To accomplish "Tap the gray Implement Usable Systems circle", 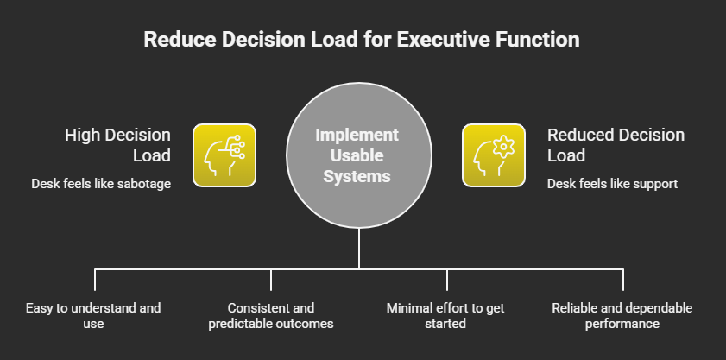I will pyautogui.click(x=357, y=155).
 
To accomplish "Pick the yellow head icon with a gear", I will pyautogui.click(x=494, y=155).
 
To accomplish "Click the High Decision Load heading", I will pyautogui.click(x=118, y=145).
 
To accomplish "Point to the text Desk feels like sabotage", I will pyautogui.click(x=101, y=183).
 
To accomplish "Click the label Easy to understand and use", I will pyautogui.click(x=95, y=315).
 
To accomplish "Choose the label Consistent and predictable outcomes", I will pyautogui.click(x=271, y=315).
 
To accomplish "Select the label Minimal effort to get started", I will pyautogui.click(x=447, y=315).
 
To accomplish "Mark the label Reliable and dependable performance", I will pyautogui.click(x=623, y=315).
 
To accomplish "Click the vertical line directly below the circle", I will pyautogui.click(x=358, y=250).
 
